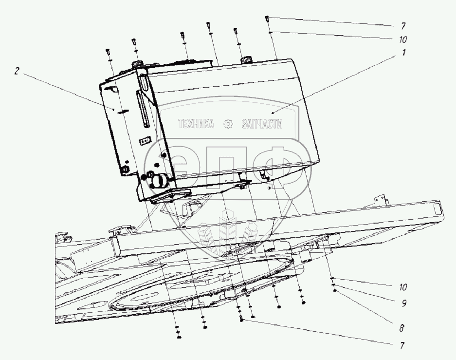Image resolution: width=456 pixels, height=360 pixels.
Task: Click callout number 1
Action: point(403,53)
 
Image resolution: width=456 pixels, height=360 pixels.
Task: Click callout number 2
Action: point(17,71)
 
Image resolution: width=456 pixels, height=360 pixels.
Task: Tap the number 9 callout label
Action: point(403,303)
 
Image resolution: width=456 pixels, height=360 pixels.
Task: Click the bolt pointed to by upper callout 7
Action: point(267,19)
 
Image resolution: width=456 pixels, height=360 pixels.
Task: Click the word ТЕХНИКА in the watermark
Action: point(196,124)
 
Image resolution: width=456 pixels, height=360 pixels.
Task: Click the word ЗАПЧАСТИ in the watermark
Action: point(262,124)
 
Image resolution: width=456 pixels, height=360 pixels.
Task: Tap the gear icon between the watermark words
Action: point(228,124)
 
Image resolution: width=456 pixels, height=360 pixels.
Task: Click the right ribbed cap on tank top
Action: point(246,60)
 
